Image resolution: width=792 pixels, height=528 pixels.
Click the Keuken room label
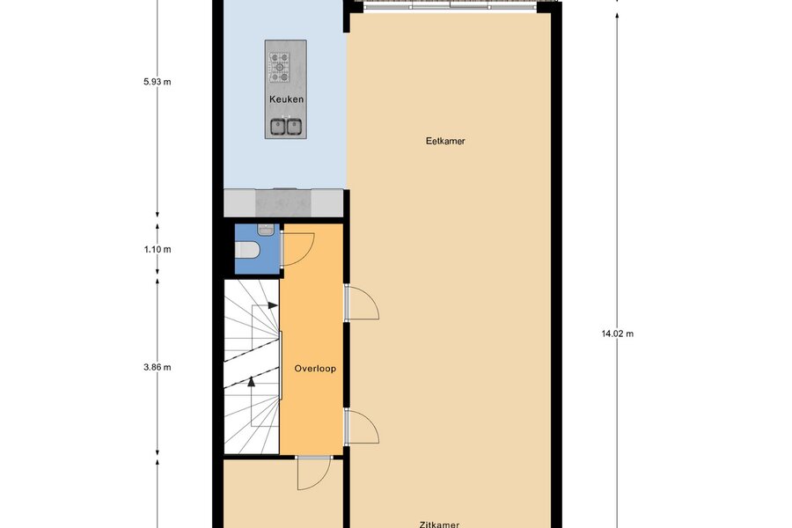click(286, 99)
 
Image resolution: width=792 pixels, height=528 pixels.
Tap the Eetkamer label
click(445, 141)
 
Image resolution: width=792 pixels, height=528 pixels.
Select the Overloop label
click(315, 369)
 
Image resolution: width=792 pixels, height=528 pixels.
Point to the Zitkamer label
click(439, 524)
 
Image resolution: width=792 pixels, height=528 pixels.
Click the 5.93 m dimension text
click(158, 81)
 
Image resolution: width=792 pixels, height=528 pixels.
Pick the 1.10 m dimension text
click(158, 249)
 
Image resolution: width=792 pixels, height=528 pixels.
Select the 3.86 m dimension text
click(158, 367)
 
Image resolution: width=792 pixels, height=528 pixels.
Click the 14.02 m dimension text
click(617, 334)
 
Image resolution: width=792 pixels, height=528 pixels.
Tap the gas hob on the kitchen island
click(279, 67)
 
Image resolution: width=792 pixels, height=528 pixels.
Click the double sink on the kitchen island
click(286, 127)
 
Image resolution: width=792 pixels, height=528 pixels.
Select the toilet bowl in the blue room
click(247, 250)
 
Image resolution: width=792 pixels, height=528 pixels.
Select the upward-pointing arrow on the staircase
click(252, 400)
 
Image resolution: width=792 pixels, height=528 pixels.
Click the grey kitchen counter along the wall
click(284, 203)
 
